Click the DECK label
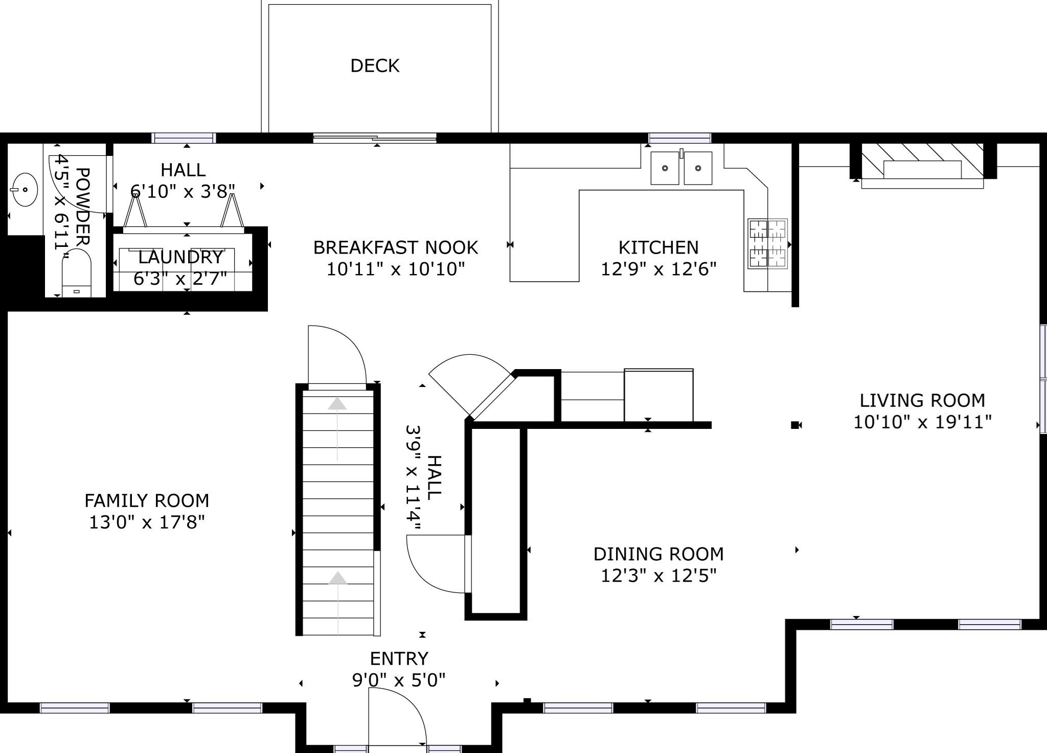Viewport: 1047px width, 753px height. tap(375, 66)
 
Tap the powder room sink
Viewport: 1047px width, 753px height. tap(24, 190)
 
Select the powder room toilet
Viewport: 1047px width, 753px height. tap(76, 273)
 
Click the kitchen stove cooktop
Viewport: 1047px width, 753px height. tap(767, 243)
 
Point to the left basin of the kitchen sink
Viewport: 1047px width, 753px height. tap(665, 168)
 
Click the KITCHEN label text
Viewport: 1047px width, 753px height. tap(658, 247)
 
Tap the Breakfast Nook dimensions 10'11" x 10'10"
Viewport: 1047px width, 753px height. tap(396, 269)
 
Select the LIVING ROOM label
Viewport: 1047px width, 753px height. tap(922, 400)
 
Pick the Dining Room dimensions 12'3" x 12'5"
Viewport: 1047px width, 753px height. tap(658, 576)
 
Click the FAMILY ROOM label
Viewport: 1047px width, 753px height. tap(147, 500)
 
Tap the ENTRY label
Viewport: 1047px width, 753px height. tap(399, 658)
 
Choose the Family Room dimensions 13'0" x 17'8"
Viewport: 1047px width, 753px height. tap(147, 522)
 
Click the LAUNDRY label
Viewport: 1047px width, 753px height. tap(181, 257)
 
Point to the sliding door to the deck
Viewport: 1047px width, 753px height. tap(375, 138)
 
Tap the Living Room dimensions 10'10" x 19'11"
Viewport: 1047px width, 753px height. tap(922, 422)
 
